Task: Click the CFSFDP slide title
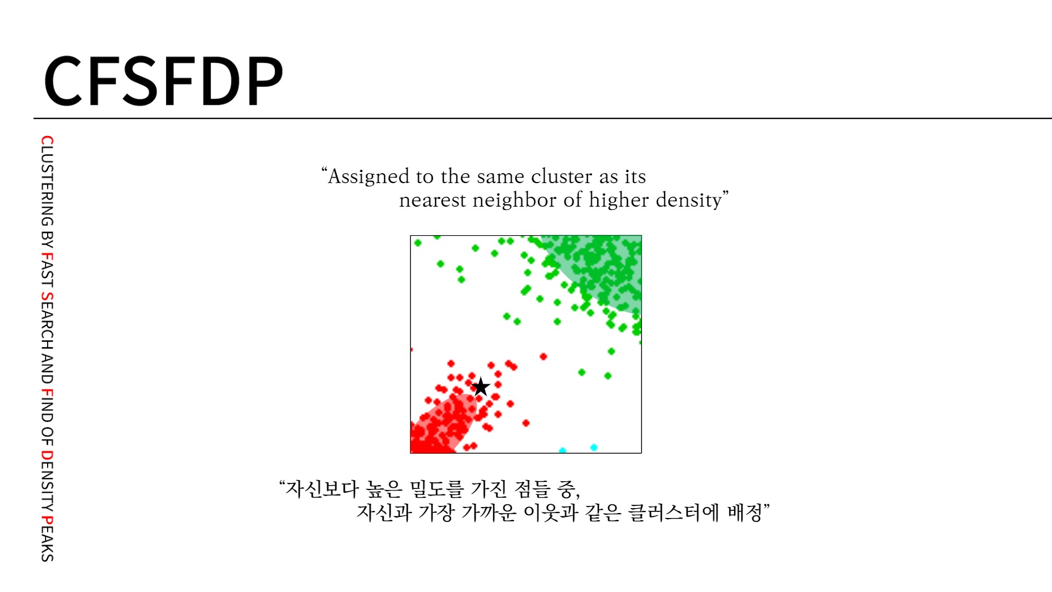coord(163,81)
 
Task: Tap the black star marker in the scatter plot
coord(481,387)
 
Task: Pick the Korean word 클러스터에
coord(673,513)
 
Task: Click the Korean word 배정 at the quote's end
coord(745,513)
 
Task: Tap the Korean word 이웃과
coord(551,513)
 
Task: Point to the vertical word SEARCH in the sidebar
coord(48,321)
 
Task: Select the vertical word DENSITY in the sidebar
coord(48,481)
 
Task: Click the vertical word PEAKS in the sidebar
coord(48,539)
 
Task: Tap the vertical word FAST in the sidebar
coord(48,270)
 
